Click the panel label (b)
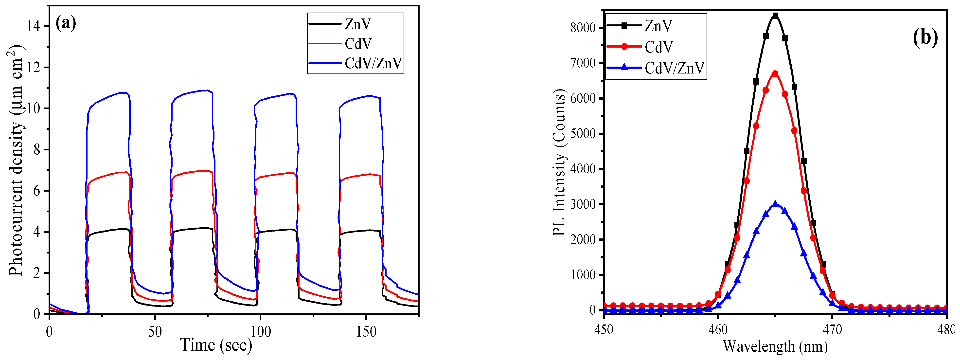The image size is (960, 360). coord(925,38)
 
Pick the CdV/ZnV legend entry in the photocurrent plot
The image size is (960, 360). coord(373,63)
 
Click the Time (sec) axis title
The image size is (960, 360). coord(216,345)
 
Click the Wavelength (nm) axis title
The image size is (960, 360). coord(775,346)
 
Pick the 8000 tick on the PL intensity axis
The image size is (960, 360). coord(584,28)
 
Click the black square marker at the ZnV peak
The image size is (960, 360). coord(775,16)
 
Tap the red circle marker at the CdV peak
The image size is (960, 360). coord(775,74)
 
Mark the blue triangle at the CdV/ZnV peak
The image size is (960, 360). coord(775,204)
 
